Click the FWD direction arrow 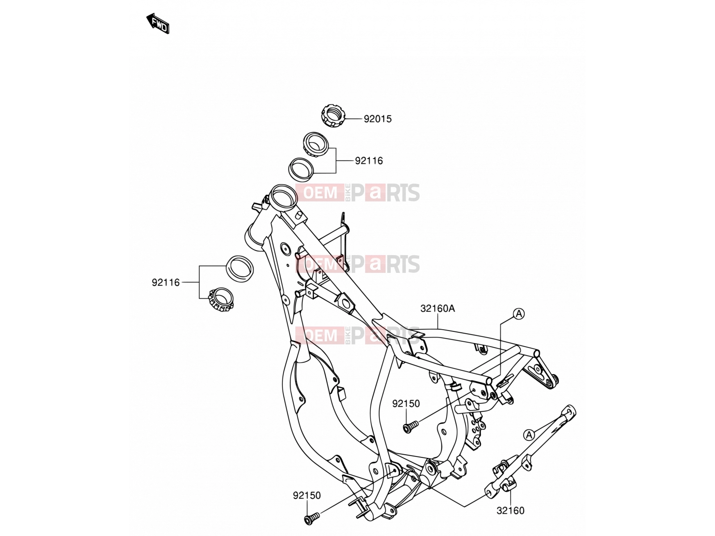[x=158, y=23]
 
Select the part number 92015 [x=378, y=119]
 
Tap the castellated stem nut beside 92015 [x=332, y=116]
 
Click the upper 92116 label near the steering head [x=369, y=161]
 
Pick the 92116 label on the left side [x=166, y=282]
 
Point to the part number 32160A [x=437, y=309]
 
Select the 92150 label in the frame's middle [x=406, y=403]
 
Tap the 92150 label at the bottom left [x=307, y=495]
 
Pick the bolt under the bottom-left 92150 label [x=312, y=519]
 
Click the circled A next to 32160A [x=518, y=314]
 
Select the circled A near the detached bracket [x=529, y=435]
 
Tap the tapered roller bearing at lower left [x=221, y=299]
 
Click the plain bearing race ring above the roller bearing [x=240, y=269]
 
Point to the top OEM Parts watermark [x=357, y=193]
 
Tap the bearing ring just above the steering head [x=301, y=170]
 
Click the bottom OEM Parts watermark [x=357, y=335]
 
